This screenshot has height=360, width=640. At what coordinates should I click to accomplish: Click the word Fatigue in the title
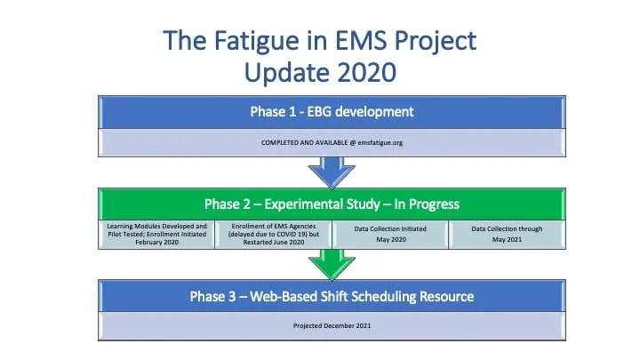click(267, 41)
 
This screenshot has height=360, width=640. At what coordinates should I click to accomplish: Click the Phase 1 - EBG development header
click(332, 112)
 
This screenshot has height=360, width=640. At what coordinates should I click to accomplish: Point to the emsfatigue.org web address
click(380, 142)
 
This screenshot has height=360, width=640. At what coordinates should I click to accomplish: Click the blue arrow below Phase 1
click(332, 172)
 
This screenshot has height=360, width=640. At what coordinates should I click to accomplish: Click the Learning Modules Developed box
click(156, 235)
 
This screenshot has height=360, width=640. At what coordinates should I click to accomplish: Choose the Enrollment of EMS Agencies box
click(274, 235)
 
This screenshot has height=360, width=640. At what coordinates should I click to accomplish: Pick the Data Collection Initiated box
click(390, 235)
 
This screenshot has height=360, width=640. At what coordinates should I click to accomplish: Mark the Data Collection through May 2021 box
click(507, 235)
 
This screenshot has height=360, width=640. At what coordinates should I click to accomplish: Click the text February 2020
click(157, 242)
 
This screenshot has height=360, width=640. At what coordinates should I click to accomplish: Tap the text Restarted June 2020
click(274, 242)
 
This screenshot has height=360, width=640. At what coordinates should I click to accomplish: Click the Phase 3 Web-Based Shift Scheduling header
click(332, 296)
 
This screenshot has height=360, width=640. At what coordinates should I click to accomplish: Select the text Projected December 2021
click(332, 325)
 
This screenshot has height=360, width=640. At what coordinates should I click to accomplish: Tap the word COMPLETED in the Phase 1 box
click(281, 142)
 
